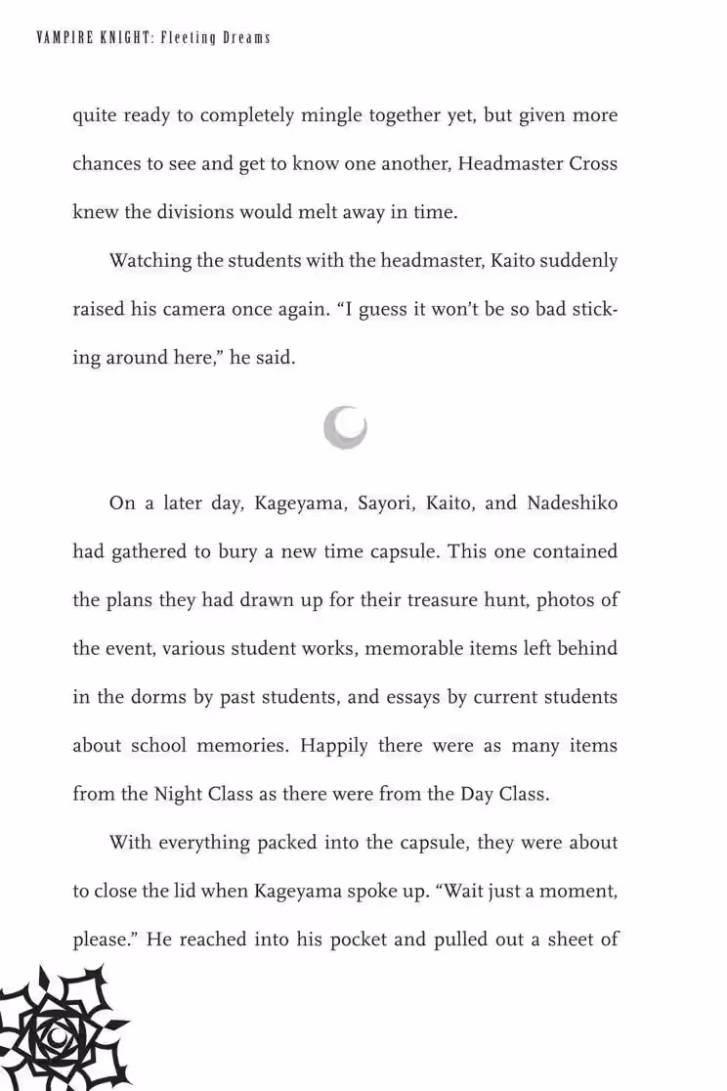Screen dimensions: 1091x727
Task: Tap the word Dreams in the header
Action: [x=244, y=38]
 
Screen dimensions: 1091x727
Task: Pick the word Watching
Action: [x=146, y=261]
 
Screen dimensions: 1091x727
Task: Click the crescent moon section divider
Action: [x=346, y=428]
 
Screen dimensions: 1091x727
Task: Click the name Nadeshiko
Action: [x=573, y=503]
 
